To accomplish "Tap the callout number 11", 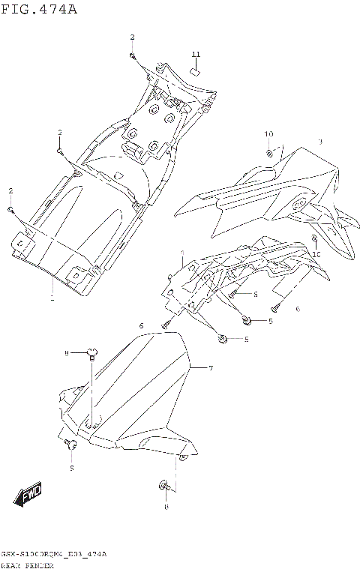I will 196,55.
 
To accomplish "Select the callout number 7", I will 211,368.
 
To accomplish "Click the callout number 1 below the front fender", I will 52,298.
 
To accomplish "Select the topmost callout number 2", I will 133,37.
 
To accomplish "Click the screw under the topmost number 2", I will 131,55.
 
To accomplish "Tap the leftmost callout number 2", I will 11,190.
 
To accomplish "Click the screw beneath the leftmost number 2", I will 10,209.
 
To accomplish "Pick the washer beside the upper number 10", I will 268,153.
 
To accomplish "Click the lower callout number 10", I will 316,254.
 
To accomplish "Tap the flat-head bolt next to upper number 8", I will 91,351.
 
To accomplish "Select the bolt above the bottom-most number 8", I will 164,488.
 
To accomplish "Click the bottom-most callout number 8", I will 166,508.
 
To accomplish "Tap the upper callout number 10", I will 268,134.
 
